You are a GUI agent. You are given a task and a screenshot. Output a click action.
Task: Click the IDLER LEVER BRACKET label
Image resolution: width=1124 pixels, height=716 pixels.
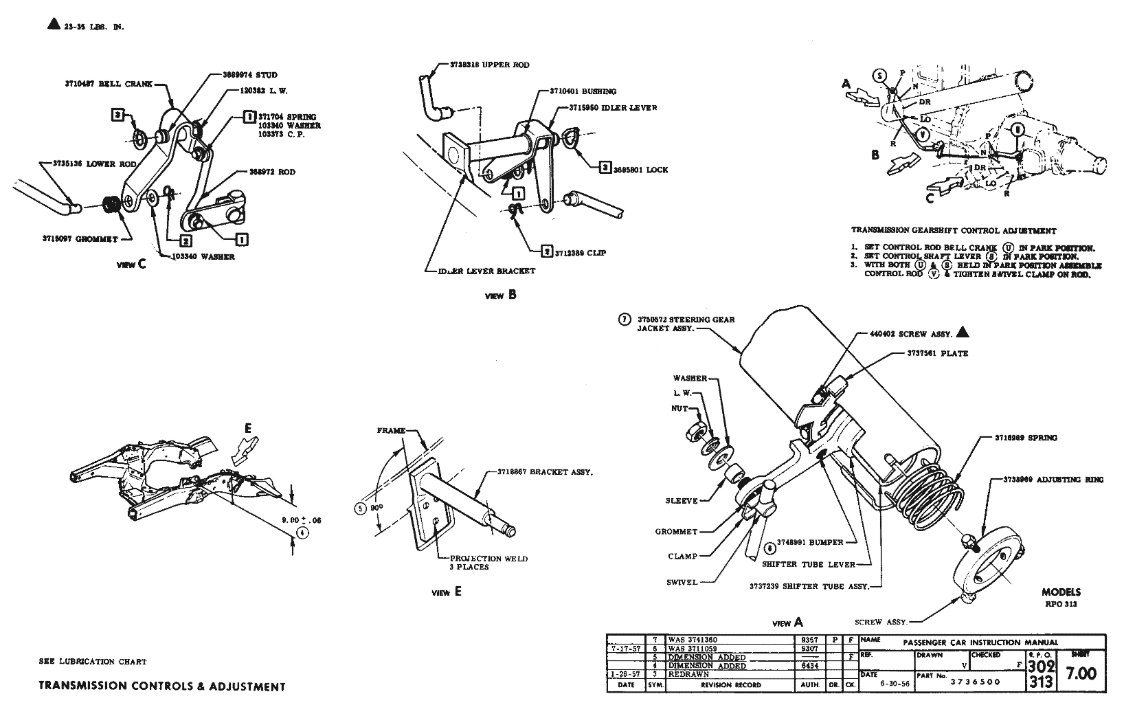click(486, 271)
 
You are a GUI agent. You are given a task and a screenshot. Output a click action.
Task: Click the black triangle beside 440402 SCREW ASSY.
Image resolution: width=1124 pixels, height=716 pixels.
click(963, 333)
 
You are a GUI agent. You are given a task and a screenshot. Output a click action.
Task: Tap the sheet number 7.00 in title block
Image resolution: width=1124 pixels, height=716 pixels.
click(1081, 673)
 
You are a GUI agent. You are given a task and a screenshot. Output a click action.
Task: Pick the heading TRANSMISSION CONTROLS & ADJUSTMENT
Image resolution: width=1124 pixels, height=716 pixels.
click(162, 686)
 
